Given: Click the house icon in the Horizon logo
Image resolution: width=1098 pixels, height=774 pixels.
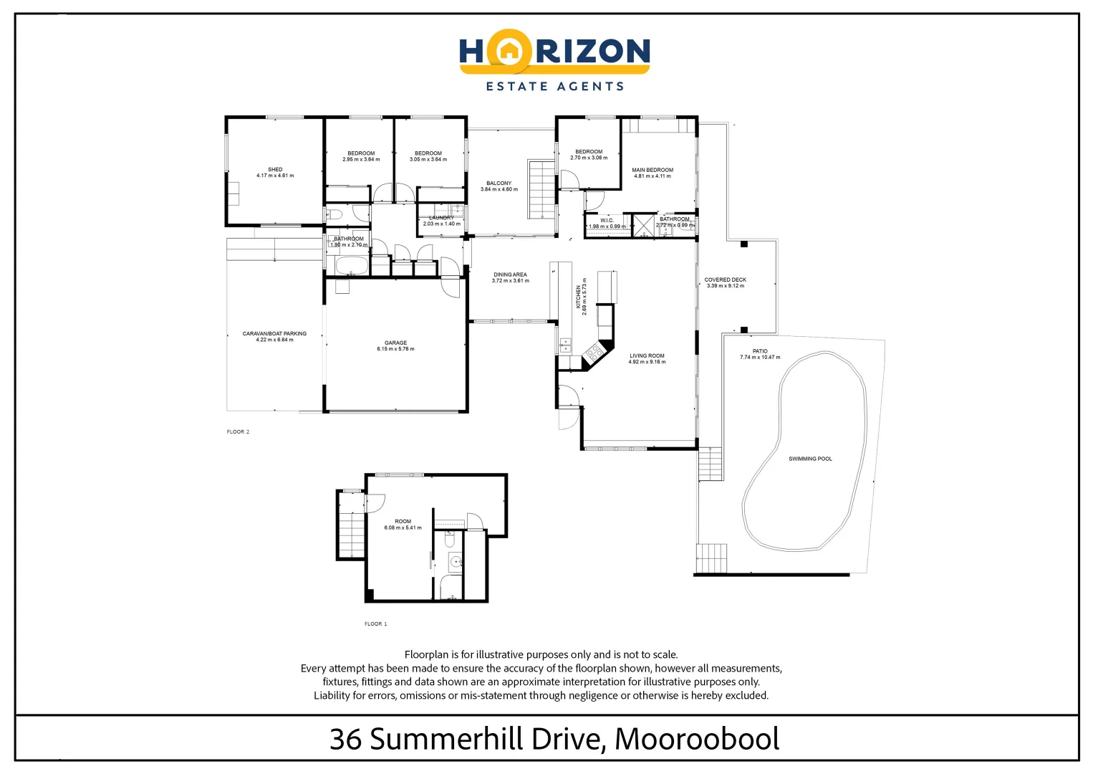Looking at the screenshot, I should (508, 51).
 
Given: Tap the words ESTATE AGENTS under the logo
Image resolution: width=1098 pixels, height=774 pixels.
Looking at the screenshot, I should (554, 87).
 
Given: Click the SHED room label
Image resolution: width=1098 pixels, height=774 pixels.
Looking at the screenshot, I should (275, 170).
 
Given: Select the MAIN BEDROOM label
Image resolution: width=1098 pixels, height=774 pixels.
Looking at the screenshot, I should (652, 171).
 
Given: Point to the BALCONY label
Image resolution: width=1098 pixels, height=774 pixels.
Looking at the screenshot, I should (499, 183).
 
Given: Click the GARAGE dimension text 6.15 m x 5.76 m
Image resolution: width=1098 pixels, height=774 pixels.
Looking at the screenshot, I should (395, 349).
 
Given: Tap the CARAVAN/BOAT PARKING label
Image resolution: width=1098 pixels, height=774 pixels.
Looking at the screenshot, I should (274, 334).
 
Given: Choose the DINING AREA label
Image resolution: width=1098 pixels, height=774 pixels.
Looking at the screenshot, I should (510, 274).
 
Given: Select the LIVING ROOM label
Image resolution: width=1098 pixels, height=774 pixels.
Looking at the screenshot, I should (647, 355).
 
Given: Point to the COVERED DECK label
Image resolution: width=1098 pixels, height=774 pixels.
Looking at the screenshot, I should (725, 279).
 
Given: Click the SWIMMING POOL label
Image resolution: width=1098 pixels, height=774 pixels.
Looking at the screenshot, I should (810, 459).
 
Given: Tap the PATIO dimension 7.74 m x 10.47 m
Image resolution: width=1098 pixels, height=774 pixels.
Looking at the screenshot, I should (760, 357).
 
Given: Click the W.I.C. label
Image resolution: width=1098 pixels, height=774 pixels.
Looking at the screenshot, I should (607, 220).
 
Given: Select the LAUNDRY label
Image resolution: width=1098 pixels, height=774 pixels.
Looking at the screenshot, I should (441, 218).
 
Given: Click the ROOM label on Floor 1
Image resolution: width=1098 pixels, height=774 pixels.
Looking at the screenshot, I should (403, 522).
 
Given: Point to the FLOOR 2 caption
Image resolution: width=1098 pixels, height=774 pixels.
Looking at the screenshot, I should (238, 432).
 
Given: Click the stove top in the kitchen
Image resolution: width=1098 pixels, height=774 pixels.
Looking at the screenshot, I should (594, 351).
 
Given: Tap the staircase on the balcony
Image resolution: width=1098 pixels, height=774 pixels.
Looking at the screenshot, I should (541, 189).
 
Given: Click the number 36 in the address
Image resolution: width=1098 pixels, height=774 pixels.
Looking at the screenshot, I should (345, 739).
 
